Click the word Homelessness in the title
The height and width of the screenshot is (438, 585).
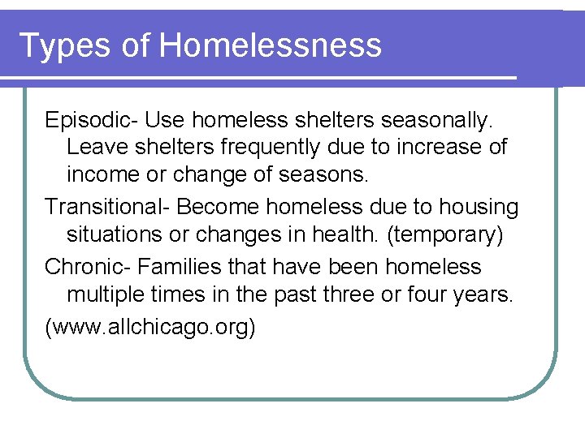[271, 45]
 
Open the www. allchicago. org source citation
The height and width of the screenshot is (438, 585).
[150, 327]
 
